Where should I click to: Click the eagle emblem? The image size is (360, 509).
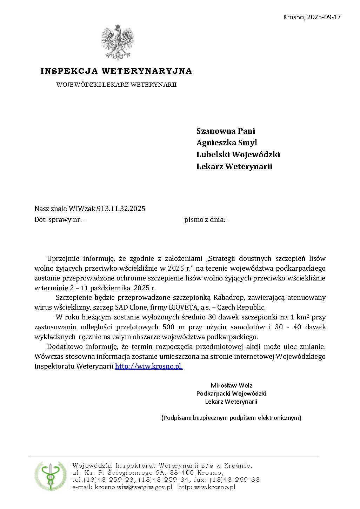pos(118,42)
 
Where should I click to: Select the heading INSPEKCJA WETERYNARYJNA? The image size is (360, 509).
pos(116,71)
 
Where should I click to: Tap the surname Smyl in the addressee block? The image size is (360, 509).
pos(246,143)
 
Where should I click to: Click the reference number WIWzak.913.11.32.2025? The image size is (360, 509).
pos(107,209)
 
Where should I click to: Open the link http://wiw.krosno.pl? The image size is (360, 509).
pos(149,366)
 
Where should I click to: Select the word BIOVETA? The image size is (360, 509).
pos(171,308)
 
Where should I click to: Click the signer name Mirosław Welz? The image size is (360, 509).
pos(231,385)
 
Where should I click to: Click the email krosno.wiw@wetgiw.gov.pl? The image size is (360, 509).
pos(133,487)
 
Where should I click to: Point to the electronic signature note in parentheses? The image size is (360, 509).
pos(231,418)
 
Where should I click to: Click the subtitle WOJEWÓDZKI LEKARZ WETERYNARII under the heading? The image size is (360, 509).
pos(116,85)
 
